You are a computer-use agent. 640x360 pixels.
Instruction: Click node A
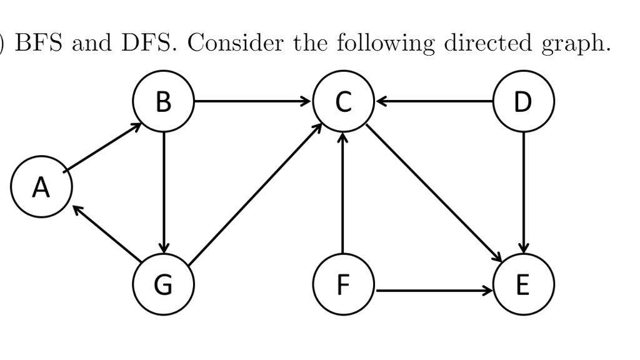click(x=41, y=187)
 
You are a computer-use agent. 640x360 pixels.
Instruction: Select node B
click(x=163, y=101)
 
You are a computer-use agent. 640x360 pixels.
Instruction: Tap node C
click(x=342, y=101)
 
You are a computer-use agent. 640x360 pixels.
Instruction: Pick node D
click(x=523, y=101)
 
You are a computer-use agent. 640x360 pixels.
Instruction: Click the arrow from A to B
click(x=102, y=147)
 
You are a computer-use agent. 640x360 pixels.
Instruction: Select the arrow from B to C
click(x=253, y=101)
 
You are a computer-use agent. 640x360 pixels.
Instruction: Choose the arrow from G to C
click(x=255, y=191)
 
